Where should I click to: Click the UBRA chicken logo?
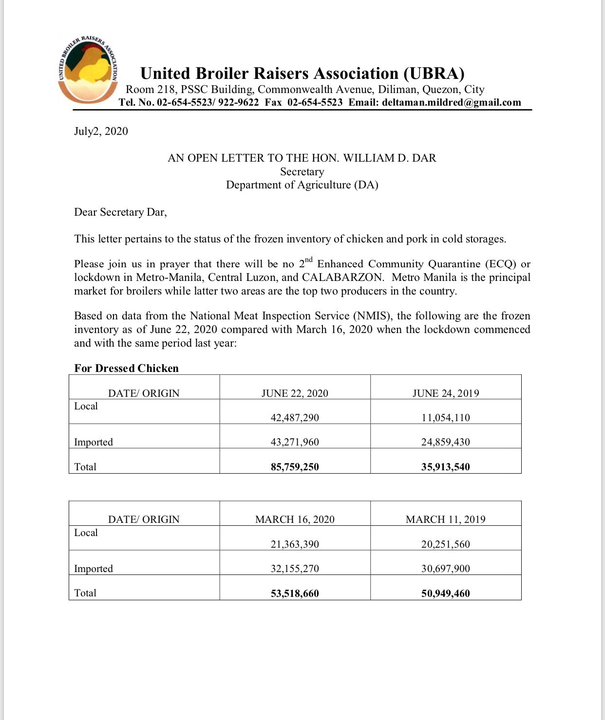pos(88,69)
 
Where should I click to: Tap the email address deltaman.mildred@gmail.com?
pos(452,103)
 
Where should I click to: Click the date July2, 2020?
pos(101,131)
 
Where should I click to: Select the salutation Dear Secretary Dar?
pos(120,212)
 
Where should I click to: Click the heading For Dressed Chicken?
pos(126,368)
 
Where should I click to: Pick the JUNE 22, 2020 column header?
pos(295,393)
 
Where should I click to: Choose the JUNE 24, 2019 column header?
pos(445,393)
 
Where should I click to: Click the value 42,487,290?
pos(295,418)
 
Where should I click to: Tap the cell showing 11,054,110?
pos(445,418)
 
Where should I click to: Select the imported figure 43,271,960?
pos(295,442)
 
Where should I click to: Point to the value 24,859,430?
pos(445,442)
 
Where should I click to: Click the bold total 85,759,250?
pos(295,467)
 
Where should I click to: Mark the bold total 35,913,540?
pos(445,467)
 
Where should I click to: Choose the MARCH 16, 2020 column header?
pos(295,519)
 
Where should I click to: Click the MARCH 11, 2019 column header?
pos(445,519)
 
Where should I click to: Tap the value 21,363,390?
pos(295,544)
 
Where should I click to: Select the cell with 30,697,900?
pos(445,569)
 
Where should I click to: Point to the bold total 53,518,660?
pos(295,593)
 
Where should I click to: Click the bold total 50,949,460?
pos(445,593)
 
